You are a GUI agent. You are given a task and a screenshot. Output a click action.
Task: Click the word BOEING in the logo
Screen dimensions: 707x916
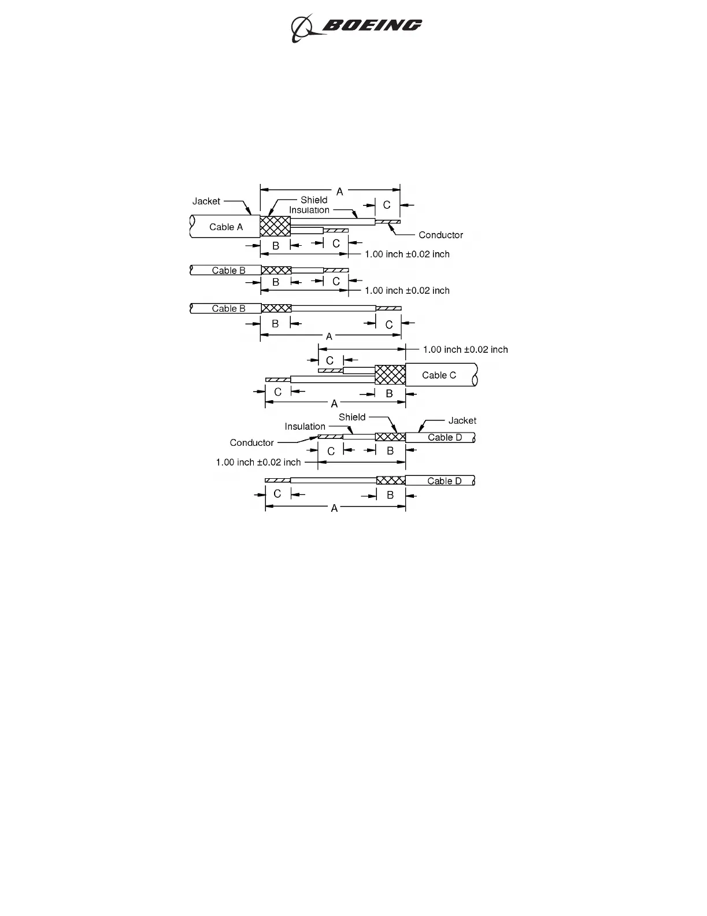tap(372, 25)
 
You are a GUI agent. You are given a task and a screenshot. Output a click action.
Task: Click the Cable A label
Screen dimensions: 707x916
tap(226, 227)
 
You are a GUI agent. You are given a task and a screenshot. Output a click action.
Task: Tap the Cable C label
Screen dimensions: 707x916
tap(439, 375)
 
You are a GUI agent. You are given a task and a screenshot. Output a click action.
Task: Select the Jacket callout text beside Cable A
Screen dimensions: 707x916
tap(206, 201)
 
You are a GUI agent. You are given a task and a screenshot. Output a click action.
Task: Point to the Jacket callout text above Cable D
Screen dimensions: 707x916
tap(462, 420)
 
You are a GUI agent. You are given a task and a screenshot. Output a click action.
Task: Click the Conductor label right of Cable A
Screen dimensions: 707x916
tap(441, 235)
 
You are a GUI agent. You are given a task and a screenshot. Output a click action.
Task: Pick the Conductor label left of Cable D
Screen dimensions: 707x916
tap(251, 442)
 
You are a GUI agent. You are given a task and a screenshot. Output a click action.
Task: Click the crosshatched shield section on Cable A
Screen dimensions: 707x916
tap(275, 226)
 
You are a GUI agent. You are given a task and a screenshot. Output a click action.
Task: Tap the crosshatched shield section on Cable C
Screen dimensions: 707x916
tap(390, 375)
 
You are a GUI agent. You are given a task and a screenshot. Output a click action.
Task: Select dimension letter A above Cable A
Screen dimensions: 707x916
tap(339, 191)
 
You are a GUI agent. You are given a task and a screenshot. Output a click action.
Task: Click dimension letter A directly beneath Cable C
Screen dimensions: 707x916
tap(334, 404)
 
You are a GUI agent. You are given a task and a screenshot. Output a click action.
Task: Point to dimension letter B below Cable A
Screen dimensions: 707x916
tap(276, 246)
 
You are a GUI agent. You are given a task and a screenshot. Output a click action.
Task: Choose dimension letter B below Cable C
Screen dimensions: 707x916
tap(389, 394)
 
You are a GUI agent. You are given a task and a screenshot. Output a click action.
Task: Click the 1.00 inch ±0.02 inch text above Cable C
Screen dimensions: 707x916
tap(465, 349)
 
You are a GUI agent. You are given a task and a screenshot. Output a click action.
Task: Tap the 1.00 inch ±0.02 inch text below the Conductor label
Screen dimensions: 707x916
tap(258, 462)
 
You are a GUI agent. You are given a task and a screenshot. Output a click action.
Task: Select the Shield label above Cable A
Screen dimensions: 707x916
tap(314, 200)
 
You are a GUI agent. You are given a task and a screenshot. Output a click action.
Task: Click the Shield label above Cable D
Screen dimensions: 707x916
tap(352, 417)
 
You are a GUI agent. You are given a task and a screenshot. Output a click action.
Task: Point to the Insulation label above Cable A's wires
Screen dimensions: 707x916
tap(309, 210)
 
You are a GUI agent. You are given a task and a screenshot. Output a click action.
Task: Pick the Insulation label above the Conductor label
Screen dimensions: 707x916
tap(305, 426)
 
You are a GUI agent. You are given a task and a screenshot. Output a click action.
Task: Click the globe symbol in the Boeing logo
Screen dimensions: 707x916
tap(302, 28)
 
